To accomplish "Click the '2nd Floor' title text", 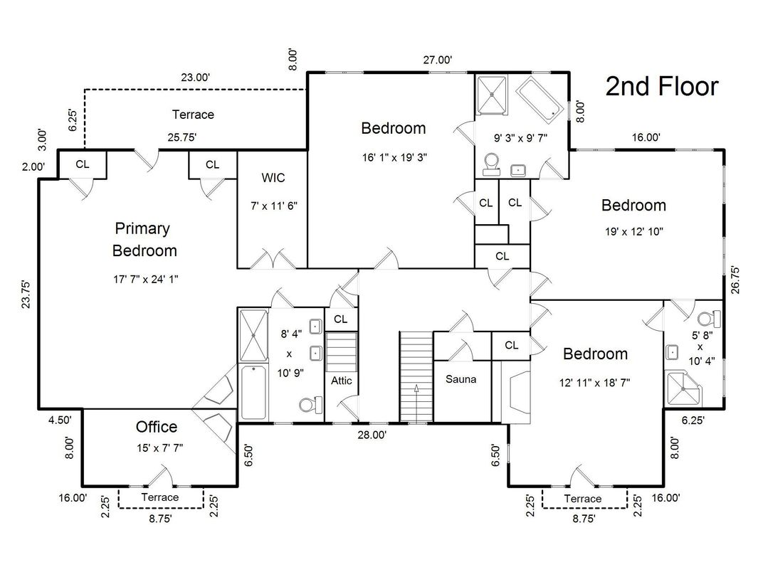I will tap(661, 87).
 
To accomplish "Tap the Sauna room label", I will tap(461, 379).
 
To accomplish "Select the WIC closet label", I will tap(273, 177).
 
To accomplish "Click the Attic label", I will tap(342, 381).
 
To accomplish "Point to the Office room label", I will tap(157, 427).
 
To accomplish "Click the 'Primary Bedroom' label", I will tap(144, 240).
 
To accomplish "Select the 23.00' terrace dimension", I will tap(194, 78).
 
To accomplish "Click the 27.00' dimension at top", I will tap(438, 60).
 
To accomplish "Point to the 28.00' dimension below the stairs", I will tap(372, 435).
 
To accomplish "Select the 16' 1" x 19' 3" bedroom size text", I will tap(394, 156).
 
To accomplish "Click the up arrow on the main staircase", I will tap(416, 391).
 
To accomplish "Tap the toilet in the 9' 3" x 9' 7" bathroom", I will tap(491, 164).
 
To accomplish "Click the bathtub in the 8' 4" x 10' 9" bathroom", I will tap(253, 391).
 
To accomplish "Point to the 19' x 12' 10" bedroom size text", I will tap(633, 231).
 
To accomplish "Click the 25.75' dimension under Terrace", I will tap(181, 137).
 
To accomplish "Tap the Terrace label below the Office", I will tap(159, 497).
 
